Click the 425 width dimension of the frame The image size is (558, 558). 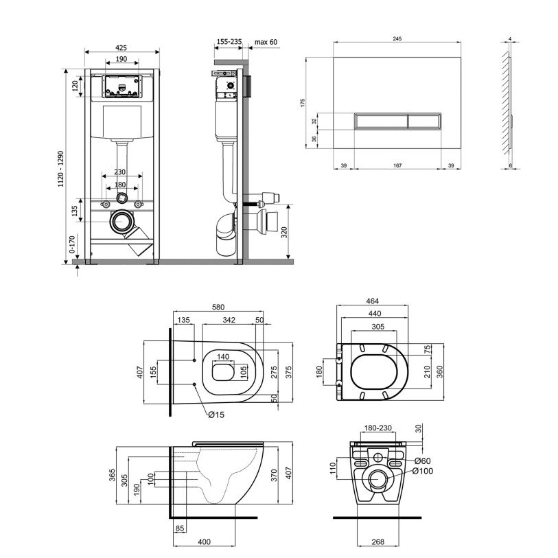[121, 47]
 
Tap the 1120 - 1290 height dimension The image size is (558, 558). [61, 169]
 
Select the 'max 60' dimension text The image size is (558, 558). [266, 42]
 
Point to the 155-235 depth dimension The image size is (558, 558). [229, 42]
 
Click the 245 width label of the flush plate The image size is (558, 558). [397, 39]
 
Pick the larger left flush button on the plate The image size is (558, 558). [381, 121]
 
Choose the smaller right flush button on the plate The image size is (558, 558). [425, 121]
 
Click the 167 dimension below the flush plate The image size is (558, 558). [397, 165]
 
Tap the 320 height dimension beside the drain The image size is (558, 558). [284, 233]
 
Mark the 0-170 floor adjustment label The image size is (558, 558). [72, 244]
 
